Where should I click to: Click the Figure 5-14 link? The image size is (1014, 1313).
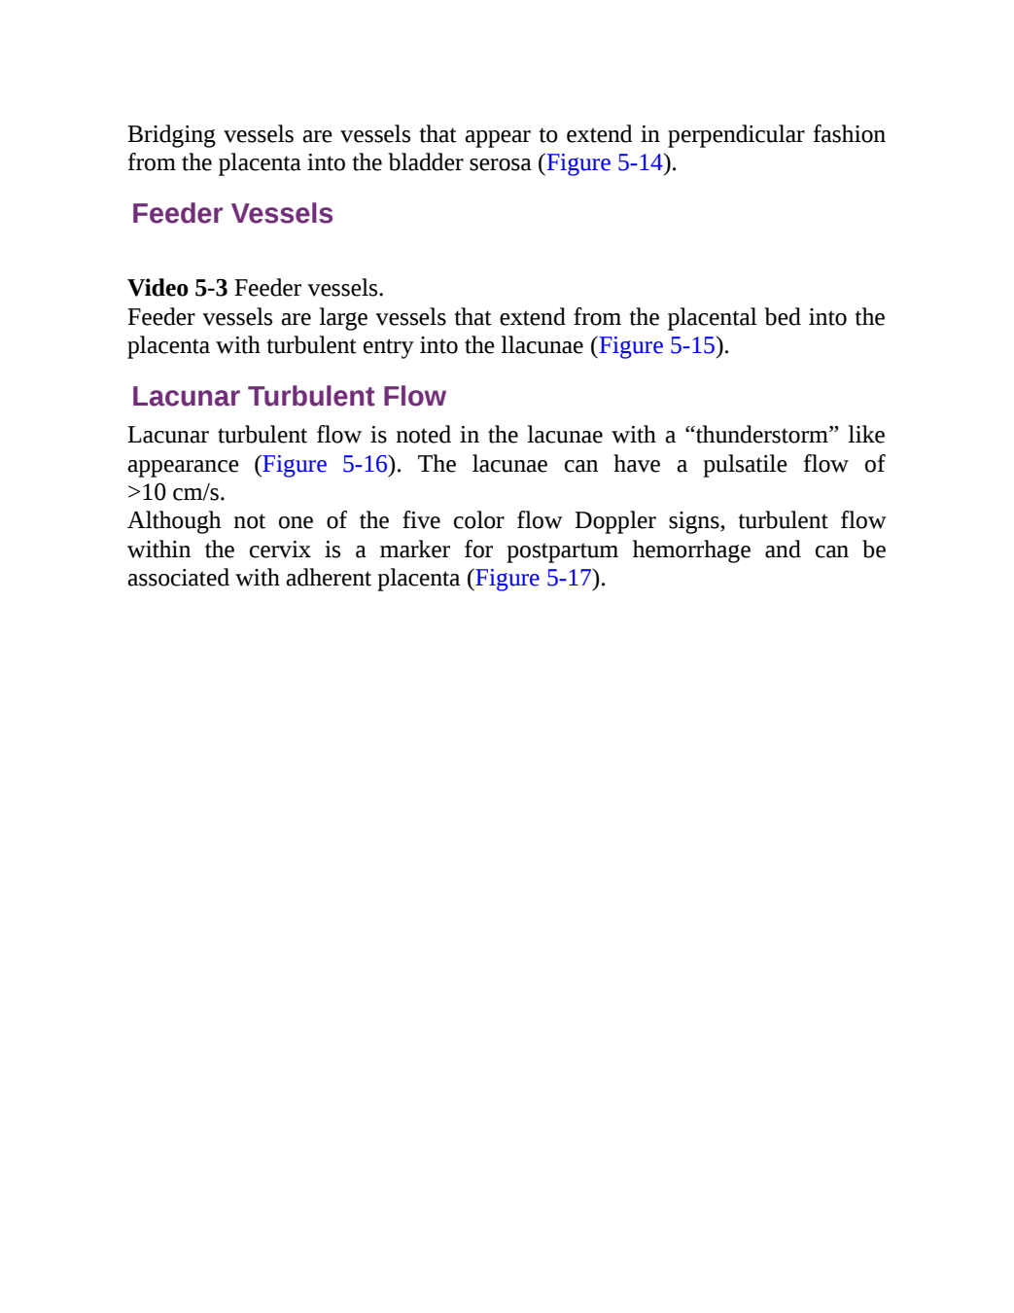point(605,162)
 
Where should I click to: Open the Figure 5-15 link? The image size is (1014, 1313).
point(657,345)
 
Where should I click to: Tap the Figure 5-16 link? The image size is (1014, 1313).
point(325,464)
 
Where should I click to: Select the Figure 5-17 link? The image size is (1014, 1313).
point(534,578)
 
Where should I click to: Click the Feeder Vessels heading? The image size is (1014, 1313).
point(232,213)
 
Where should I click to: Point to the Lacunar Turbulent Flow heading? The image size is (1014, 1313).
point(289,397)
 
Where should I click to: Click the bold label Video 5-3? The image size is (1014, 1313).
point(178,288)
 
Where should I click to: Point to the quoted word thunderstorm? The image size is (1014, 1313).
point(761,435)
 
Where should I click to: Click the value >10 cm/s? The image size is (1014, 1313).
point(176,492)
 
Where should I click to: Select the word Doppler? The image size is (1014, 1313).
point(614,521)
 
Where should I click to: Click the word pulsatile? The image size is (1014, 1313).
point(745,464)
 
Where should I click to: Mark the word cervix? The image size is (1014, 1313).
point(280,550)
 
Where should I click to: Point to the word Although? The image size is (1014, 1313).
point(174,521)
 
